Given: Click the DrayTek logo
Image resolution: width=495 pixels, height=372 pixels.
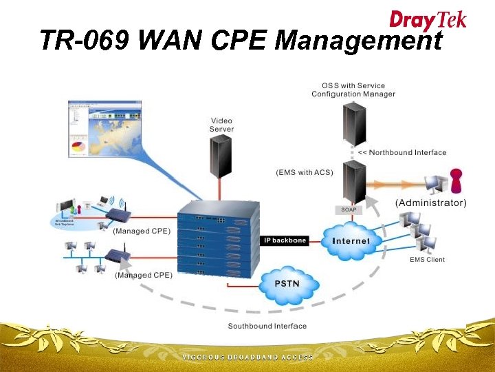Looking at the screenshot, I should click(428, 19).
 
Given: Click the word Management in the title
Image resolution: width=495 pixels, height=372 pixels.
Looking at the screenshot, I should click(358, 41).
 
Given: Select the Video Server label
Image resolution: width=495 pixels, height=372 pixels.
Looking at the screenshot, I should click(222, 125).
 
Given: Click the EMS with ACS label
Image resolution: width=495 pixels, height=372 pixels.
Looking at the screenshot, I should click(305, 172).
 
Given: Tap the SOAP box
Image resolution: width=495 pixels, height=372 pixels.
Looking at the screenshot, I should click(349, 209).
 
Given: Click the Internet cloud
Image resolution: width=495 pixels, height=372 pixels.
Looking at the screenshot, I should click(351, 240).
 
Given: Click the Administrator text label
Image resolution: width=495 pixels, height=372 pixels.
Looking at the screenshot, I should click(430, 203).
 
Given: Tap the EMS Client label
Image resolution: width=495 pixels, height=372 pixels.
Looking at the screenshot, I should click(427, 260).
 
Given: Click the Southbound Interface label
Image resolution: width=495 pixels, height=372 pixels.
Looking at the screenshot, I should click(267, 326).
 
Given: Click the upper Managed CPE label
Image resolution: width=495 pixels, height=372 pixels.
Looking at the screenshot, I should click(142, 231).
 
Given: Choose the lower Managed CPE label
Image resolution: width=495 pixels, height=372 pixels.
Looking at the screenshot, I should click(144, 275).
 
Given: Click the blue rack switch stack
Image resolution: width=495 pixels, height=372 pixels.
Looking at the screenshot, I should click(218, 241).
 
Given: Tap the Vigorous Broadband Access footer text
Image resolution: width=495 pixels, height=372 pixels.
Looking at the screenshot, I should click(247, 358).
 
